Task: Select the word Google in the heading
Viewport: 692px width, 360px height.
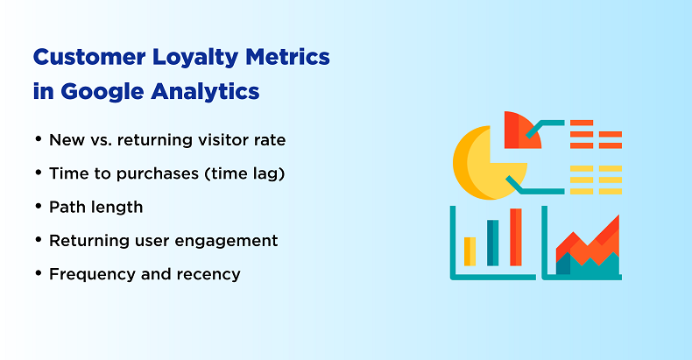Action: [102, 93]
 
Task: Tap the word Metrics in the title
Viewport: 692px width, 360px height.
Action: [287, 57]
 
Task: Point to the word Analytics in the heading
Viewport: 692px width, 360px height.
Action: [205, 93]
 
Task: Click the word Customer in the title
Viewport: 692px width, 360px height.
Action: [89, 57]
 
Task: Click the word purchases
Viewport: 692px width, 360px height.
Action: [158, 173]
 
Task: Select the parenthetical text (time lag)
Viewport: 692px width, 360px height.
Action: [244, 173]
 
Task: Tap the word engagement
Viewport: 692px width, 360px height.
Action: [226, 242]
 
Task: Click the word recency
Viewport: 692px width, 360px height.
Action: [208, 275]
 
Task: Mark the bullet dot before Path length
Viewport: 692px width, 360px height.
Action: [39, 206]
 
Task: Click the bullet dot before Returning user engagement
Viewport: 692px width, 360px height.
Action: [39, 239]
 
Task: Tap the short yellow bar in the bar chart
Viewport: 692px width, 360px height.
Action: [470, 251]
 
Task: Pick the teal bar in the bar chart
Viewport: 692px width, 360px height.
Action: [492, 243]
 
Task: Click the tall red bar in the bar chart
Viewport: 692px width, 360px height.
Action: [515, 236]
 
